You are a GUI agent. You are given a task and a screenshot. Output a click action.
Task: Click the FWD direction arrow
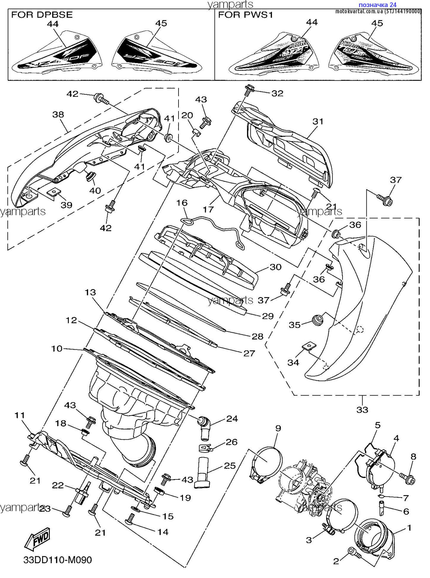tap(37, 538)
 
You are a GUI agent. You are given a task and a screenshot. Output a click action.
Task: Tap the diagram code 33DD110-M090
tap(58, 560)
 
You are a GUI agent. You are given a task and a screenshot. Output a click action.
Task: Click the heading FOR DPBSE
tap(42, 15)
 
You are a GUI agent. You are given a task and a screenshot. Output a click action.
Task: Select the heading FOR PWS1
tap(246, 15)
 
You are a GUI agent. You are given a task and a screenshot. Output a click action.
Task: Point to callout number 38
tap(58, 115)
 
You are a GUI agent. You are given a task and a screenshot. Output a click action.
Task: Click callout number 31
tap(318, 121)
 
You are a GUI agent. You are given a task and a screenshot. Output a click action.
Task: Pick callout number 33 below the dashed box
tap(362, 409)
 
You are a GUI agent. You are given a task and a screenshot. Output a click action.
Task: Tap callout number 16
tap(182, 203)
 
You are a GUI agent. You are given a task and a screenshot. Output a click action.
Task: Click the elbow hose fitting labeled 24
tap(204, 426)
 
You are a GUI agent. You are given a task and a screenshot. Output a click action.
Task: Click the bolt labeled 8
tap(408, 479)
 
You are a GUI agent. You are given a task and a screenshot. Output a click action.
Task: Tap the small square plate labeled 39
tap(53, 192)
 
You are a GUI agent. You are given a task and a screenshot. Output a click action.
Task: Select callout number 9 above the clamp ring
tap(278, 428)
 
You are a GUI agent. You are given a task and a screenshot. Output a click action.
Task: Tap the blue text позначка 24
tap(377, 5)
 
